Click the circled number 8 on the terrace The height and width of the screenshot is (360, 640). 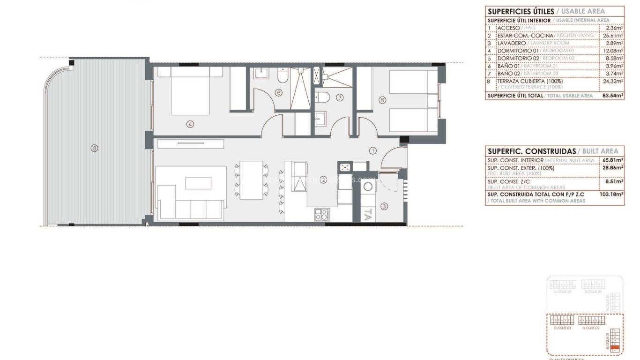point(95,148)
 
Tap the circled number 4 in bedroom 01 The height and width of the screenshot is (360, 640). point(190,124)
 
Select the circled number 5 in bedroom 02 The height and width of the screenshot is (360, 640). point(382,99)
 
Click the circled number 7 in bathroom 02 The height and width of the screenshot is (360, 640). point(340,98)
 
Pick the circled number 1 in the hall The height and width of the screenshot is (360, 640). point(373,151)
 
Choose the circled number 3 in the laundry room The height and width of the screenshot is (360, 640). point(384,206)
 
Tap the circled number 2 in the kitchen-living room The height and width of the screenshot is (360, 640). point(323,179)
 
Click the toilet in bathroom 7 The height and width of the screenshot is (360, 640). point(323,97)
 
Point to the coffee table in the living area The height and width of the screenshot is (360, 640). point(198,182)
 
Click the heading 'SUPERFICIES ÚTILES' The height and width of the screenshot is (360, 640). point(521,11)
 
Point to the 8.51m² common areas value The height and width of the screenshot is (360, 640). point(615,181)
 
